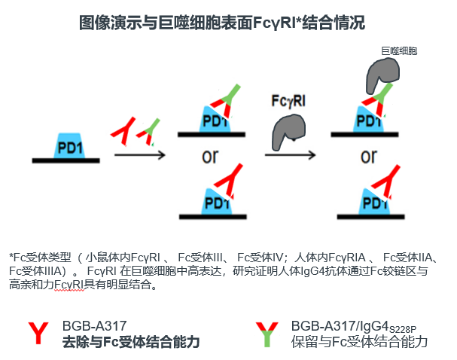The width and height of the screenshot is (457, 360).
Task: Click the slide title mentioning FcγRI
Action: pos(222,23)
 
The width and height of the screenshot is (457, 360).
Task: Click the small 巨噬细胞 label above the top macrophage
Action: pos(399,51)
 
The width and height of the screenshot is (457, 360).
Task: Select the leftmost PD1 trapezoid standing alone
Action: pos(70,146)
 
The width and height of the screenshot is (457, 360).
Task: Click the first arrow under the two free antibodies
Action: pos(140,155)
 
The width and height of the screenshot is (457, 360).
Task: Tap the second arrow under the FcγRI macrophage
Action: pos(290,155)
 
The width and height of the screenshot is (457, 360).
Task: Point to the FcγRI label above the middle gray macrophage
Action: pos(288,101)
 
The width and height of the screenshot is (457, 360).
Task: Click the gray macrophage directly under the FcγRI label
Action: pos(288,131)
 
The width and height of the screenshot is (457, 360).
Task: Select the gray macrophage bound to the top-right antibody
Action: pos(382,75)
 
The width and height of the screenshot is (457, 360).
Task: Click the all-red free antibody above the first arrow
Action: pos(124,131)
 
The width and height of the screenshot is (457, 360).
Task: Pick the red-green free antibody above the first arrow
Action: pos(148,132)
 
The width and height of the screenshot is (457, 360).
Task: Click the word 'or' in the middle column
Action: pos(210,157)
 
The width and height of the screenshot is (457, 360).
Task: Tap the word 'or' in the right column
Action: pos(369,157)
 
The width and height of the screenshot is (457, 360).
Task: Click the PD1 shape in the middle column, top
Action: pos(215,119)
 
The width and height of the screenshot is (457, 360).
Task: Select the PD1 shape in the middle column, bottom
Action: pos(217,202)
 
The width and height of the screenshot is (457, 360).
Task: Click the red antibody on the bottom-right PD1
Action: pos(386,182)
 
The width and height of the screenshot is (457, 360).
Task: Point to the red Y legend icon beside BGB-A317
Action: pos(38,333)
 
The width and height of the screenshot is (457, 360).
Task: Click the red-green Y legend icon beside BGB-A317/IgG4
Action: pos(267,334)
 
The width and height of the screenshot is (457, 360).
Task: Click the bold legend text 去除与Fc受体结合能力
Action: pos(131,342)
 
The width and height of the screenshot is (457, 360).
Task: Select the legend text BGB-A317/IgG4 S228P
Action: pos(354,327)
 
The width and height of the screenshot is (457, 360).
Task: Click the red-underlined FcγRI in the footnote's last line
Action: pos(69,284)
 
